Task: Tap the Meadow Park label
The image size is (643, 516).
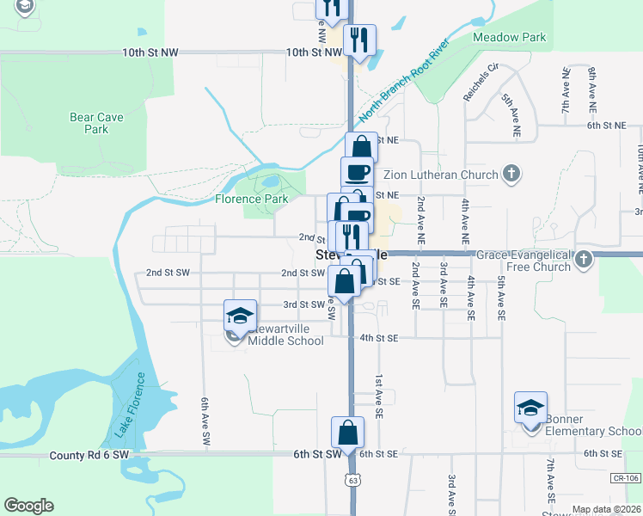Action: click(510, 38)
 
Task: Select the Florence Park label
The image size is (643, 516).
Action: click(251, 199)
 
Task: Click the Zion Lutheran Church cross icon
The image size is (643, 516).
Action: click(511, 175)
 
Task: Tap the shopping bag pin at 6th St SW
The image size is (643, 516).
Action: click(348, 433)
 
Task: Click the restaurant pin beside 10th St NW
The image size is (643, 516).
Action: click(358, 40)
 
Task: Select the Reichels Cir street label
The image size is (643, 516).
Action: click(480, 83)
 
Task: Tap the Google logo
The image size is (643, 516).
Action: click(28, 506)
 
